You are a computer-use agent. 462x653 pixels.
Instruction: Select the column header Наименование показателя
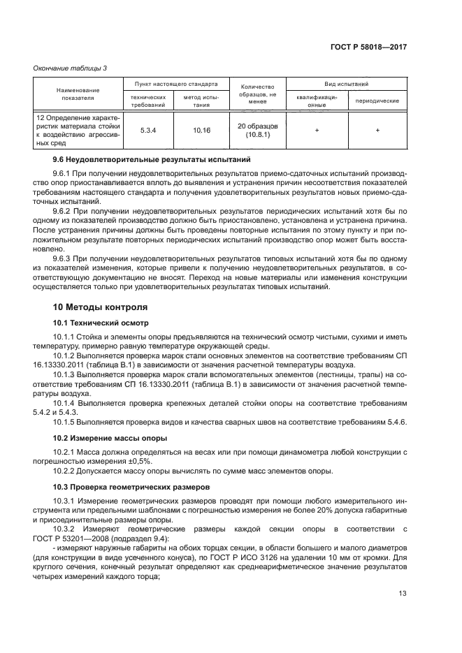(78, 95)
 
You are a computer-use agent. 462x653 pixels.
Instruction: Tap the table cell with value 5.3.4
(147, 130)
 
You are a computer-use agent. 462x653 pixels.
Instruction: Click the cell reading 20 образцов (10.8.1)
(257, 130)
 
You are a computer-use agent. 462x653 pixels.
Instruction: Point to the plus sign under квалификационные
(317, 130)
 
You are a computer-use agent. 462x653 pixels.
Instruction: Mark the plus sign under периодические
(377, 130)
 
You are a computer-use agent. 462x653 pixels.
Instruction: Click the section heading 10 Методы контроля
(100, 307)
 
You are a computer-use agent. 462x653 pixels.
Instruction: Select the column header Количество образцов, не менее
(257, 94)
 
